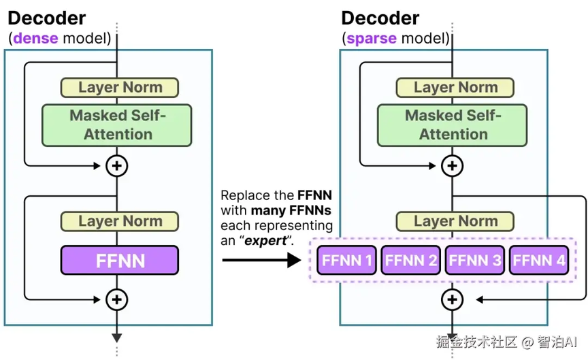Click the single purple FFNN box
(119, 260)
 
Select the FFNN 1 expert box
(346, 260)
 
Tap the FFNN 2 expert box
(410, 260)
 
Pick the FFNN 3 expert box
(474, 260)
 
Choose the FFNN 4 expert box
(538, 260)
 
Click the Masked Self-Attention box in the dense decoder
(117, 125)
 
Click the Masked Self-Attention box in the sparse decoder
(453, 125)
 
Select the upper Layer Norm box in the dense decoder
(119, 87)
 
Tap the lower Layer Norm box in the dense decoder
(119, 221)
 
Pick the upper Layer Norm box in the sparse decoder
(455, 87)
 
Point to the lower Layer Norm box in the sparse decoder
(455, 221)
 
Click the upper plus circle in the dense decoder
(117, 165)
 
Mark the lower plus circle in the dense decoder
(117, 299)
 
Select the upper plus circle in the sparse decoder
(452, 165)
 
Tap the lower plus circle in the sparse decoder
(452, 299)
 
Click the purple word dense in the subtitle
(35, 38)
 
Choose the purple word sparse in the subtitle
(371, 38)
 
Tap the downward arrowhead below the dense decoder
(117, 336)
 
